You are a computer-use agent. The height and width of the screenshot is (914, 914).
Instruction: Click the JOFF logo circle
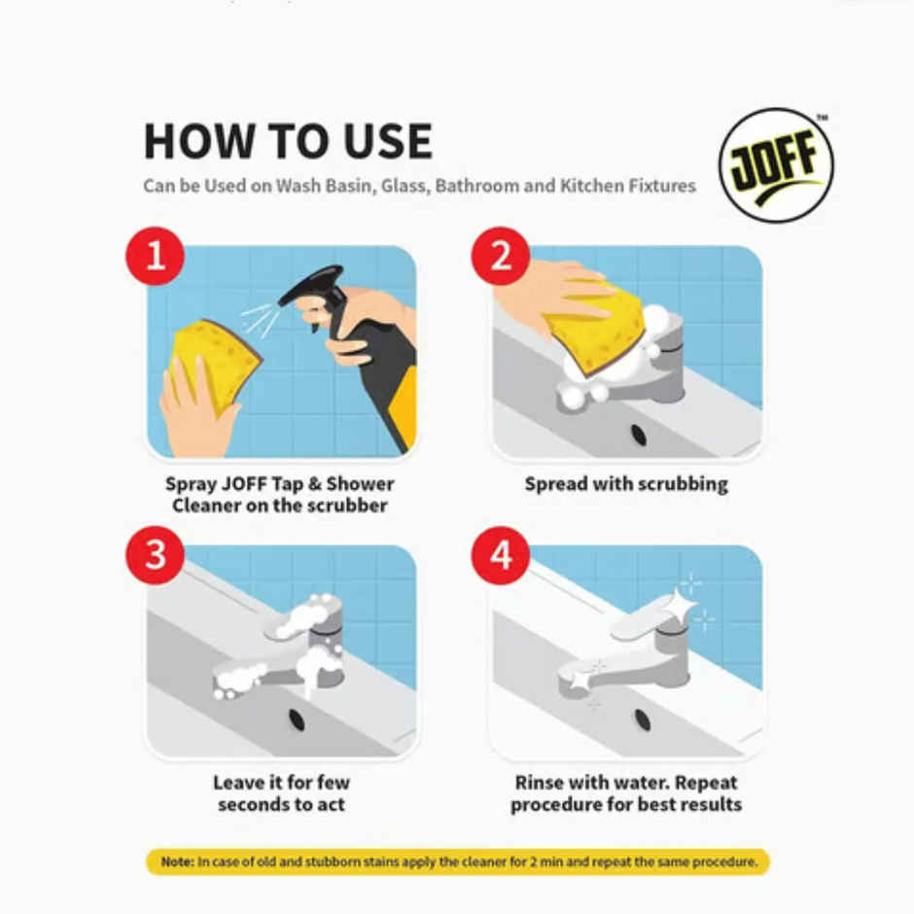coord(775,165)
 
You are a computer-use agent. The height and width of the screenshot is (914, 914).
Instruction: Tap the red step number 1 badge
coord(154,257)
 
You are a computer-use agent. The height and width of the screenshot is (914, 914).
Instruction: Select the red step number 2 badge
coord(500,257)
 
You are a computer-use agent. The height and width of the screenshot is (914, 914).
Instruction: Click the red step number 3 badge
coord(154,556)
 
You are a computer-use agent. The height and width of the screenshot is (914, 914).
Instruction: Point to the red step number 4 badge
coord(500,556)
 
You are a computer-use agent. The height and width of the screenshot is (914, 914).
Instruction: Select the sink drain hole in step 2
coord(638,435)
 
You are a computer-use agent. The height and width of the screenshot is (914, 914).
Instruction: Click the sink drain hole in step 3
coord(297,721)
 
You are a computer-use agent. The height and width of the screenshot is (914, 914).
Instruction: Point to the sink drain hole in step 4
coord(643,721)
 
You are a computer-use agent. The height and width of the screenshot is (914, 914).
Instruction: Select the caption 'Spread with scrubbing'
coord(625,483)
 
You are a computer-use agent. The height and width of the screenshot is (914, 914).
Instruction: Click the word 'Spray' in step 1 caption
coord(191,483)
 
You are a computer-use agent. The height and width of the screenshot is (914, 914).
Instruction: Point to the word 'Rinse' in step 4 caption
coord(543,782)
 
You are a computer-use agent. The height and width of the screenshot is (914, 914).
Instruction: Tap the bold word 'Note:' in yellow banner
coord(177,861)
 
